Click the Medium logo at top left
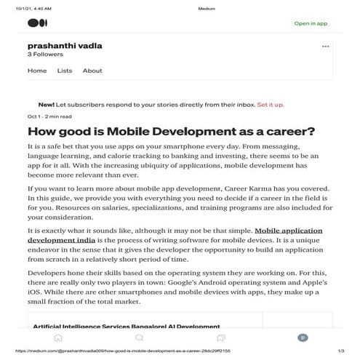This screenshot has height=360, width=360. (36, 23)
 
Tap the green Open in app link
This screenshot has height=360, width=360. (311, 23)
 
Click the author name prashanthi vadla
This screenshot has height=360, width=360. (65, 45)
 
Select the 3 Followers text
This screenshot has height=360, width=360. (46, 55)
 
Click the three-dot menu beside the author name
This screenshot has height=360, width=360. (325, 47)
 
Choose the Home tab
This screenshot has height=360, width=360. (37, 71)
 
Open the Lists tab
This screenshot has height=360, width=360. (65, 71)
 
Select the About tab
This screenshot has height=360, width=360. (92, 71)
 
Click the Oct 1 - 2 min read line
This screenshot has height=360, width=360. (49, 116)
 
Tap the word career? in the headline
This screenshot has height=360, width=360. (269, 132)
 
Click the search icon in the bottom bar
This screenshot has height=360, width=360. (139, 337)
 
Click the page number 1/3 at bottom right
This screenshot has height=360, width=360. (341, 350)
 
